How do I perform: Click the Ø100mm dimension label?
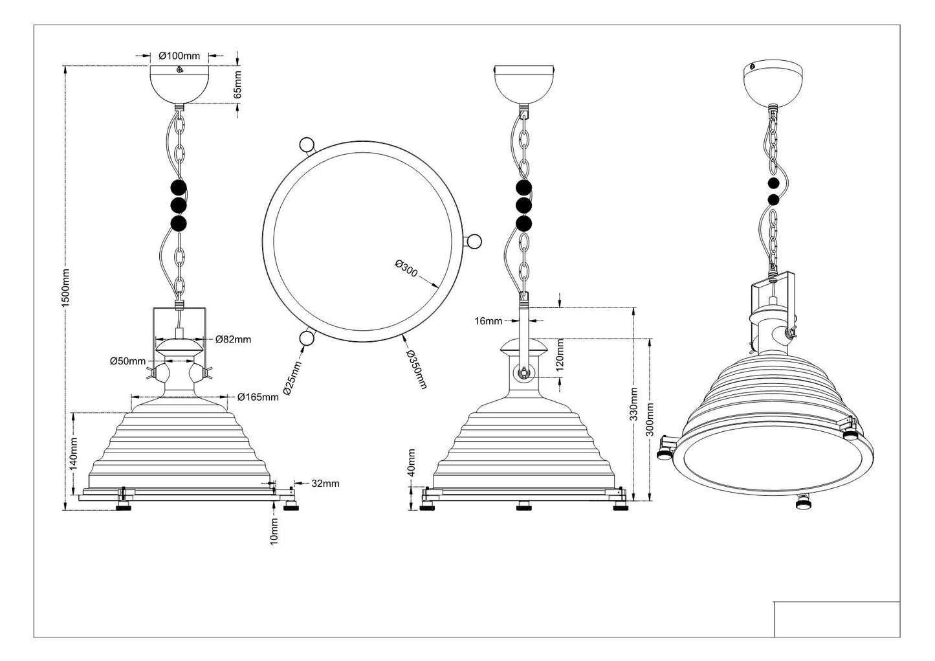[179, 56]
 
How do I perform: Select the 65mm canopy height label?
[237, 84]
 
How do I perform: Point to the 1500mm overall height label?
[65, 288]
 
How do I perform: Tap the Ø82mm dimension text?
[233, 339]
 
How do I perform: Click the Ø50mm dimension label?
[127, 361]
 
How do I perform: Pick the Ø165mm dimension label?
[258, 396]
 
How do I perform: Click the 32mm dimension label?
[325, 483]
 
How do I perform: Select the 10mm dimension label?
[274, 531]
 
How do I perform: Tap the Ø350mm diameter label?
[417, 370]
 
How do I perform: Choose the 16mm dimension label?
[488, 320]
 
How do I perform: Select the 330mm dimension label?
[634, 405]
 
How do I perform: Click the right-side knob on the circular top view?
[474, 241]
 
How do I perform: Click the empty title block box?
[836, 619]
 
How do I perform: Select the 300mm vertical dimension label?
[650, 420]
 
